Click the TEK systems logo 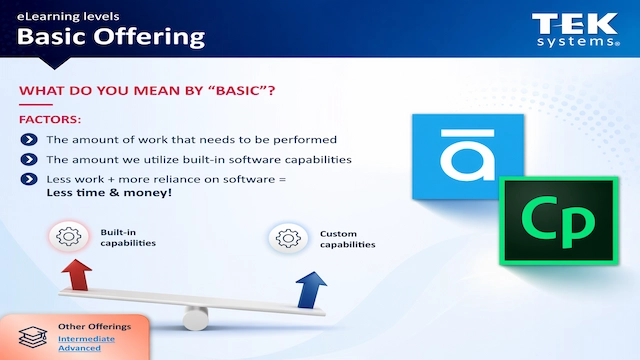[x=574, y=30]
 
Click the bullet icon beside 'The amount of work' [x=29, y=140]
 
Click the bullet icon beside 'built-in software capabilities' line [x=29, y=160]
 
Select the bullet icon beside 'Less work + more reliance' [x=29, y=179]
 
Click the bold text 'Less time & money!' [x=94, y=194]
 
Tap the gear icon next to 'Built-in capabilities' [x=69, y=237]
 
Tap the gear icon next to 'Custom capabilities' [x=287, y=238]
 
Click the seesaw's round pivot [x=194, y=317]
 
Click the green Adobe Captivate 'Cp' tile [x=546, y=220]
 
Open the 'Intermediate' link [x=86, y=339]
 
